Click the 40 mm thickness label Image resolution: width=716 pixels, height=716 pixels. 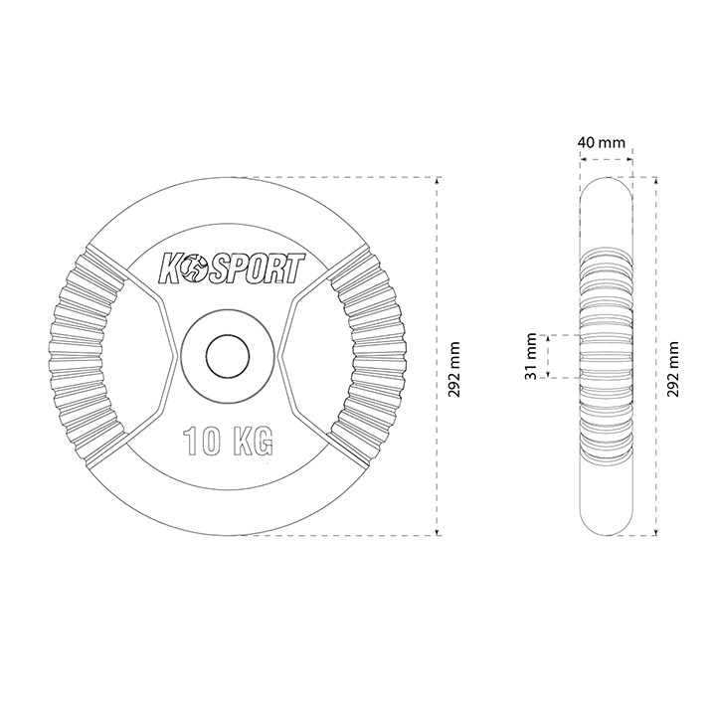coord(601,142)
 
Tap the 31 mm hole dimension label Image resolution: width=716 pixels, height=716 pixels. coord(531,357)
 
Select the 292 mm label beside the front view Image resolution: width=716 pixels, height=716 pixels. coord(453,369)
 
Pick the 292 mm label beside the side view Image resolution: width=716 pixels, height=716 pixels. coord(672,369)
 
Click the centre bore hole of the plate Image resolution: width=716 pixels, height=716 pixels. coord(228,356)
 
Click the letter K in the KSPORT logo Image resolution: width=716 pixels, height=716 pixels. coord(169,269)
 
